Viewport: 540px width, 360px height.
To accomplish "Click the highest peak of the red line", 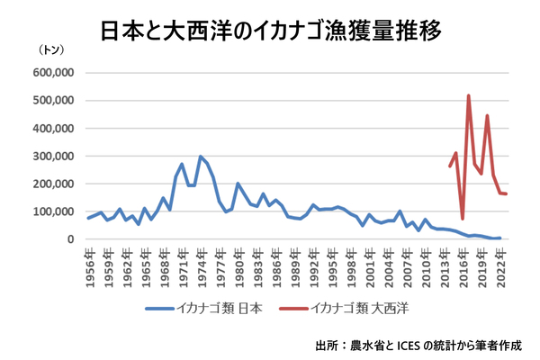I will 469,95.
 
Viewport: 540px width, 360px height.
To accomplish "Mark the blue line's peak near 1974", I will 200,157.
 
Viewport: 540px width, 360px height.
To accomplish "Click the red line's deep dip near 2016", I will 463,218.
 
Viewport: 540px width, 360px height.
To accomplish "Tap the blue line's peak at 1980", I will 238,184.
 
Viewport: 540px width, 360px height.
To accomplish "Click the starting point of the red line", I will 450,166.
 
